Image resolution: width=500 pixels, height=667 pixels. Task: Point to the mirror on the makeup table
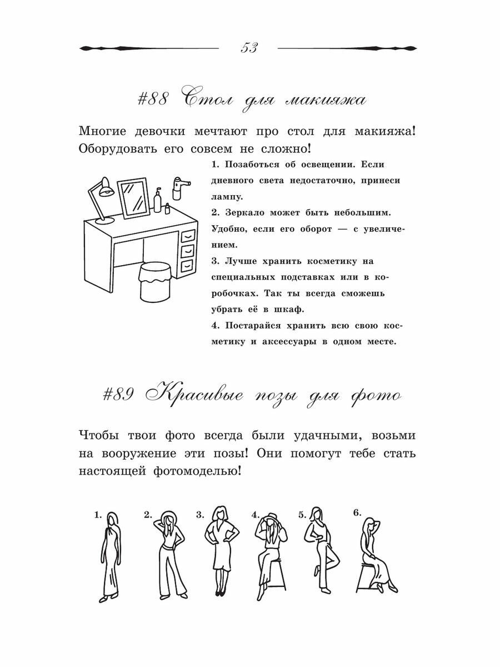tap(134, 197)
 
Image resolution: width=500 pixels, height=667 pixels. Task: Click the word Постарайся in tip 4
tap(250, 325)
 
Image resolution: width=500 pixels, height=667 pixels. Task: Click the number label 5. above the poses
tap(303, 515)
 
